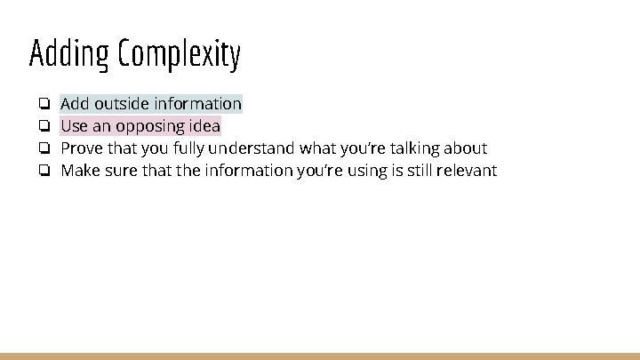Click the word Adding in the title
(69, 54)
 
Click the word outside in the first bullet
(122, 104)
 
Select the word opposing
(149, 126)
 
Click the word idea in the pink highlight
(204, 126)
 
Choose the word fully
(188, 148)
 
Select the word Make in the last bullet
(80, 170)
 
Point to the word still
(417, 170)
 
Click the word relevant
(467, 170)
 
